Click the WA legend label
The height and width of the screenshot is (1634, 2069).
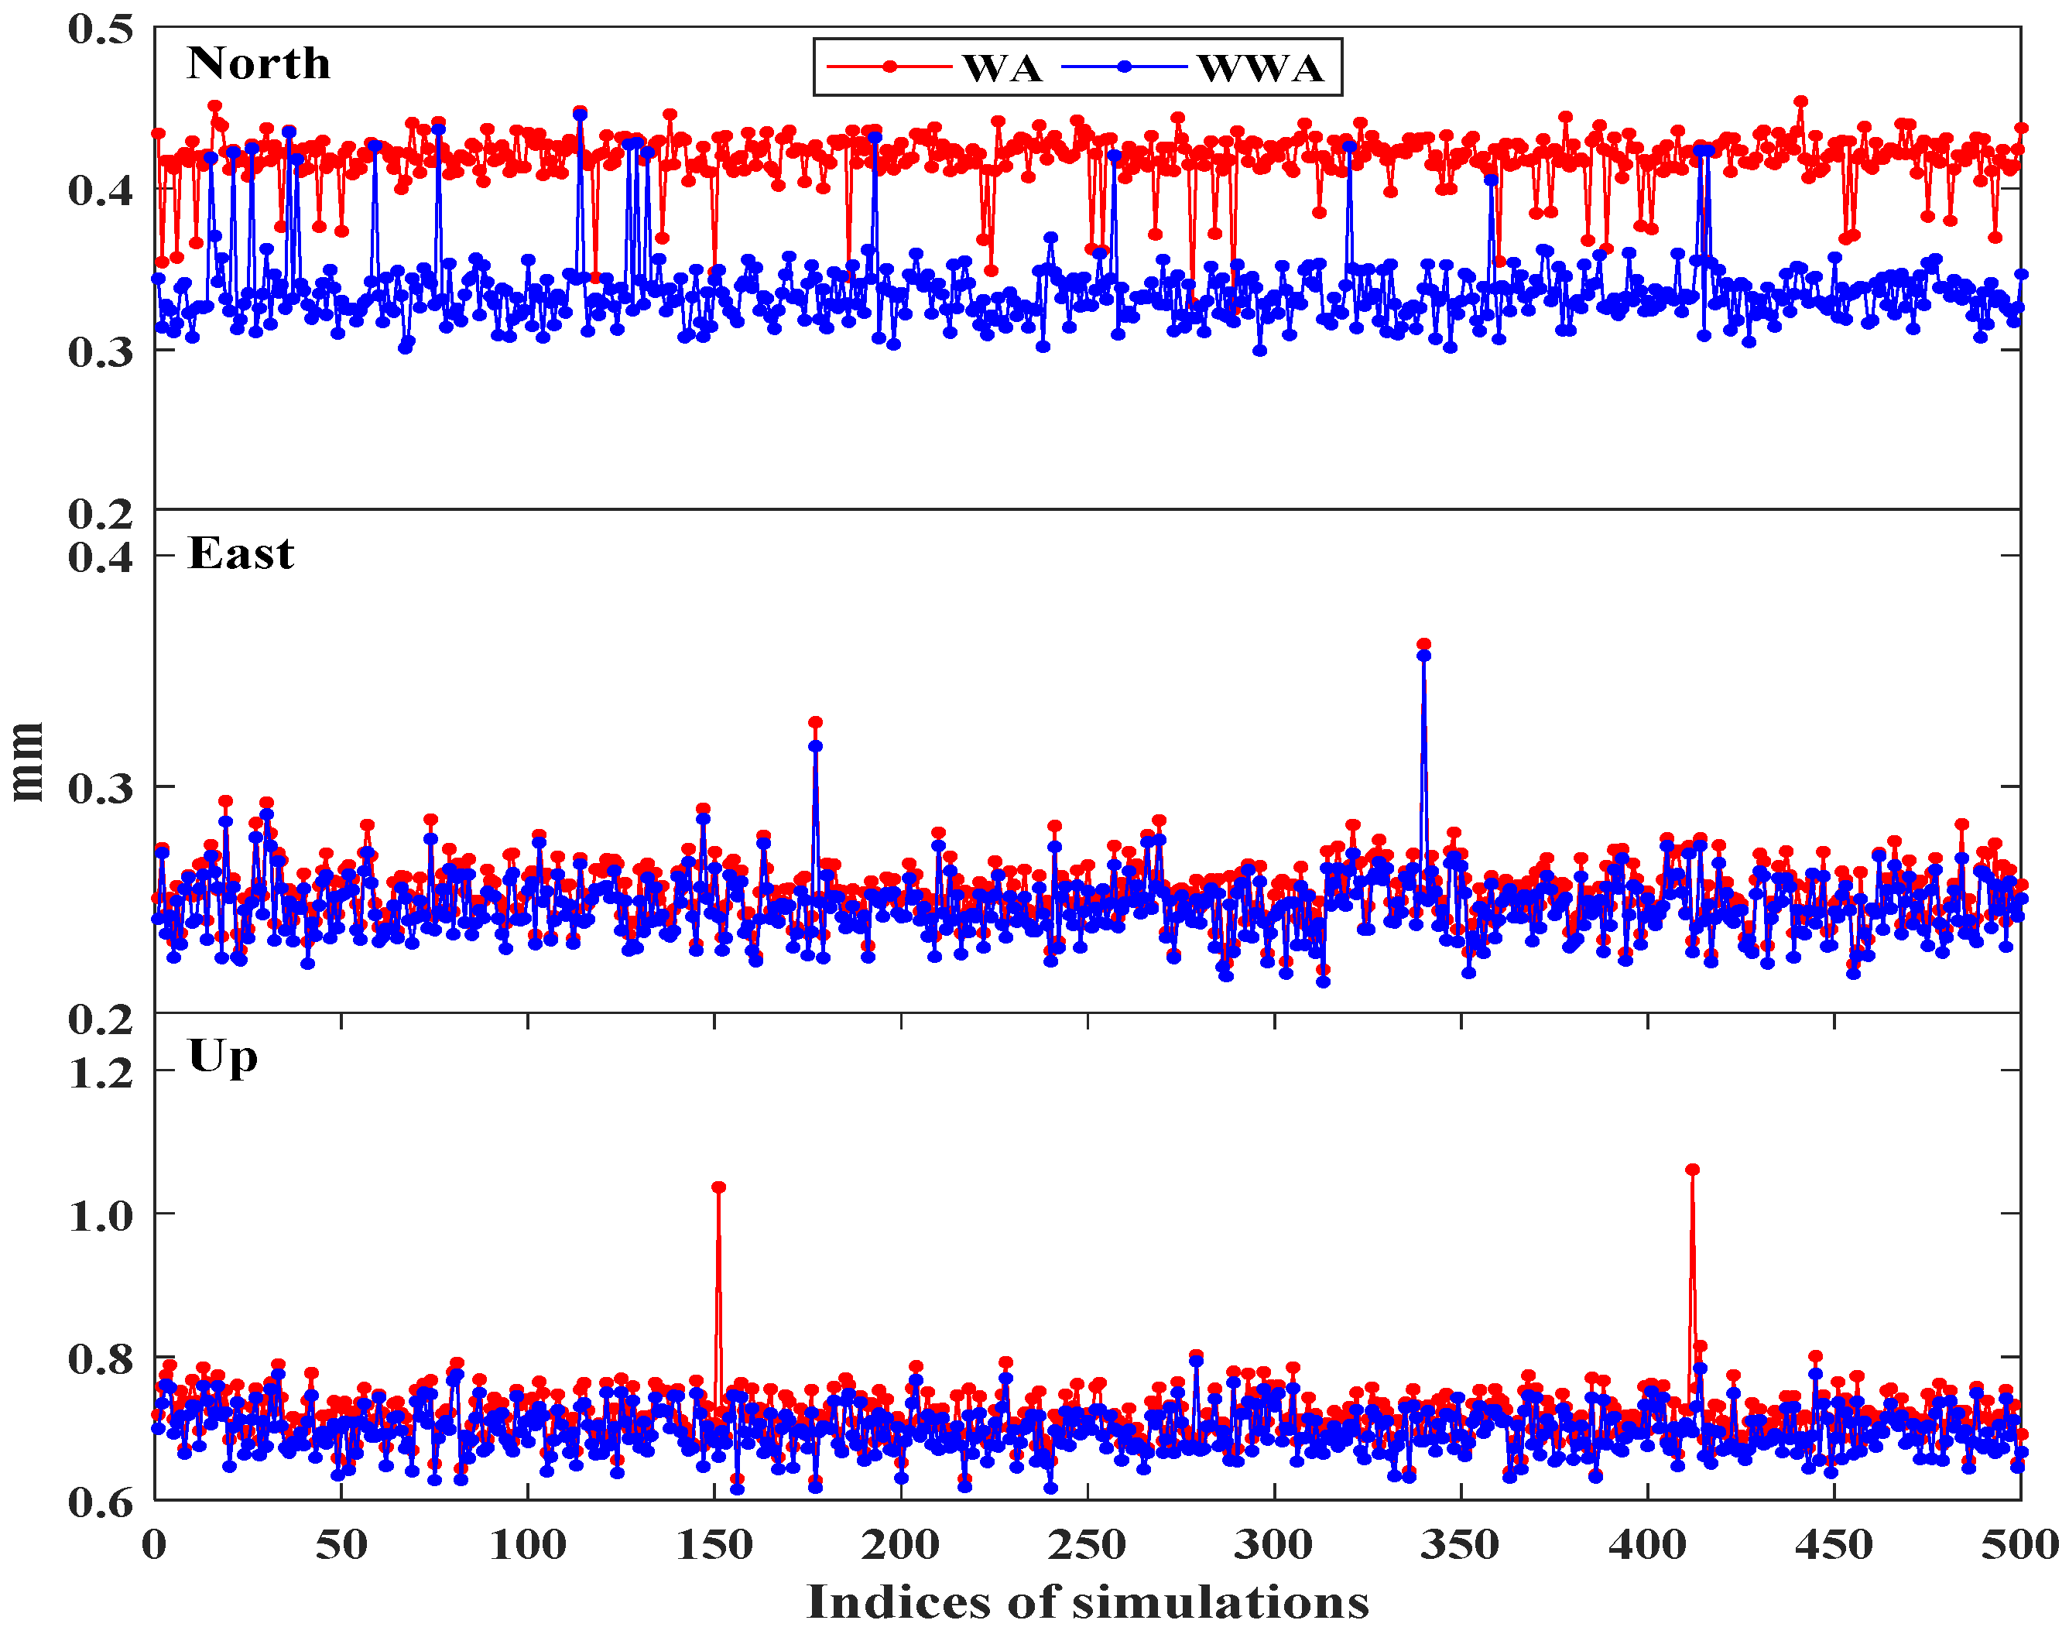pos(1002,68)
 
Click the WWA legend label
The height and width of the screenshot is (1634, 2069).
pos(1260,68)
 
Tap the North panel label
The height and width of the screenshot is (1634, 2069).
pos(259,63)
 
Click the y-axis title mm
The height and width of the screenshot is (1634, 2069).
pos(27,762)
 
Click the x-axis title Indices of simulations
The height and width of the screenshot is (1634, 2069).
pos(1088,1601)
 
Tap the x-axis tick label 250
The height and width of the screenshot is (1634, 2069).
pos(1088,1545)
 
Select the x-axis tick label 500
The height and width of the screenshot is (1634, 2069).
pos(2019,1545)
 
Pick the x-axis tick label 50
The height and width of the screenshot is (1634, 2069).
pos(341,1545)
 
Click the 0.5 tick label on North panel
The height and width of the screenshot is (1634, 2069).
pos(101,28)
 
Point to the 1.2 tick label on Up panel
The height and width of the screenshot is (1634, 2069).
pos(101,1072)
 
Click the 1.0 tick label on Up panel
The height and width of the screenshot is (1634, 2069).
pos(101,1216)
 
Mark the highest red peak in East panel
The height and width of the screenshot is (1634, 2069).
pos(1423,645)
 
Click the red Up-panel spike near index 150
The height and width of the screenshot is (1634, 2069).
pos(718,1187)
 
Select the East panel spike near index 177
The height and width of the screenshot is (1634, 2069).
pos(815,723)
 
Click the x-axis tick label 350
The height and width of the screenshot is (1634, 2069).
pos(1460,1545)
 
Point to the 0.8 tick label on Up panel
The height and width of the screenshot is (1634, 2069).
pos(101,1358)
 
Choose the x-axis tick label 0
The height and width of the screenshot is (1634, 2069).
pos(155,1545)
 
